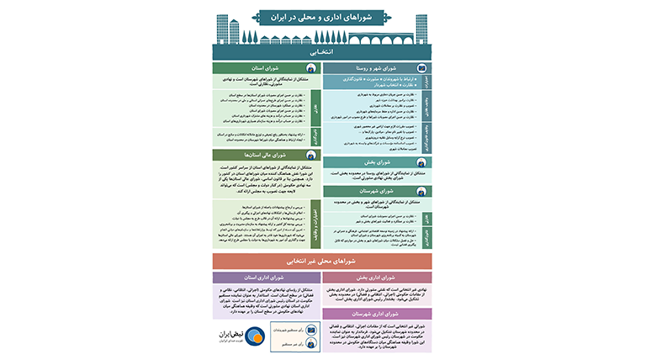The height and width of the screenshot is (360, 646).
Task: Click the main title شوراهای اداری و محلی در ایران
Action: pos(323,17)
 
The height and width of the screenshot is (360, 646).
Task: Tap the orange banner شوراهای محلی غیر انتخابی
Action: pos(323,262)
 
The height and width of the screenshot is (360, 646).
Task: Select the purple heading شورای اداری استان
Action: pos(262,278)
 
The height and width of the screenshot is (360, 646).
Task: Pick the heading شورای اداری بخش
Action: pos(377,278)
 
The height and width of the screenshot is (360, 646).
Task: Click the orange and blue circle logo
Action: pos(244,336)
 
